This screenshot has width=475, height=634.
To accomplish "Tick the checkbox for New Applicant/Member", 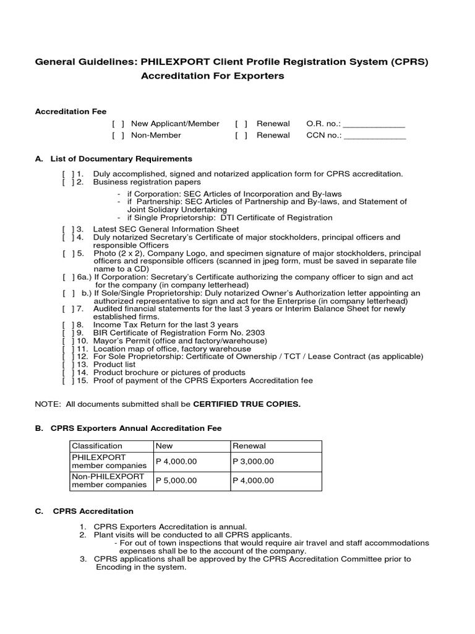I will tap(118, 124).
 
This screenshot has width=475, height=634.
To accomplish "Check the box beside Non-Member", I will tap(118, 135).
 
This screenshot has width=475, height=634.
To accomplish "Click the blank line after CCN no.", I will tap(375, 136).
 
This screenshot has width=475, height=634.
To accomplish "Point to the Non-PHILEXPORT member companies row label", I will tap(109, 480).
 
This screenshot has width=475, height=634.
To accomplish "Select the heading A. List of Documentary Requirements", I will tap(113, 159).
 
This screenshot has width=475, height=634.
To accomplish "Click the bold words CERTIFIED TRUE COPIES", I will tap(247, 404).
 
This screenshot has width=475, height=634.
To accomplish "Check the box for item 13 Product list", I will tap(67, 365).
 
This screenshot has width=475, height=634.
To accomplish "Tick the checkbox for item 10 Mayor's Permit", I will tap(67, 341).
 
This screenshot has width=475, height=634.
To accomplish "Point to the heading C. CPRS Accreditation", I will tap(84, 511).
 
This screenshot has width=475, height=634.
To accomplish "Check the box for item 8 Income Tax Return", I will tap(67, 324).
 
